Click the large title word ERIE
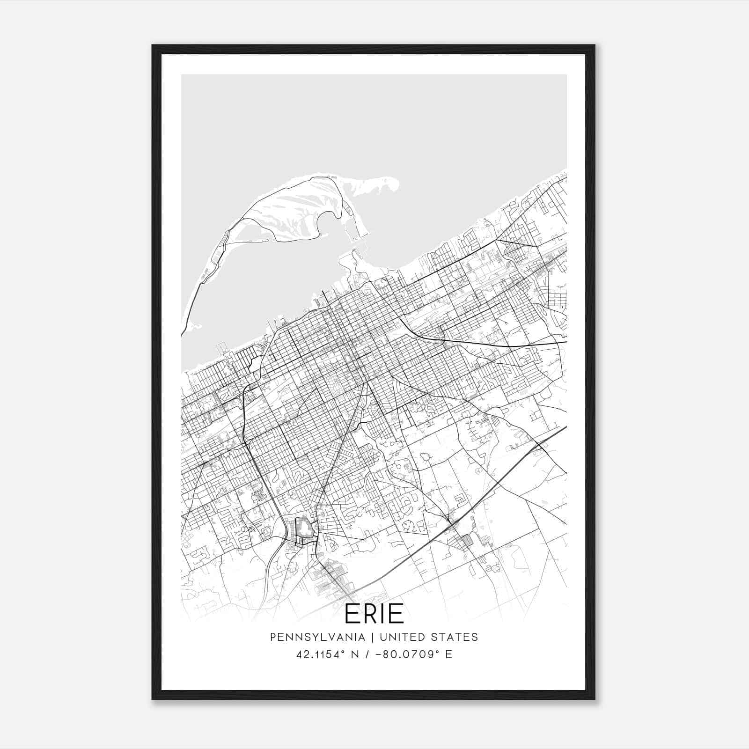pyautogui.click(x=374, y=615)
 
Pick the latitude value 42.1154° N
pyautogui.click(x=327, y=654)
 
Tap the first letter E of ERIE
pyautogui.click(x=352, y=615)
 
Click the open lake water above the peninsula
pyautogui.click(x=374, y=122)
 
